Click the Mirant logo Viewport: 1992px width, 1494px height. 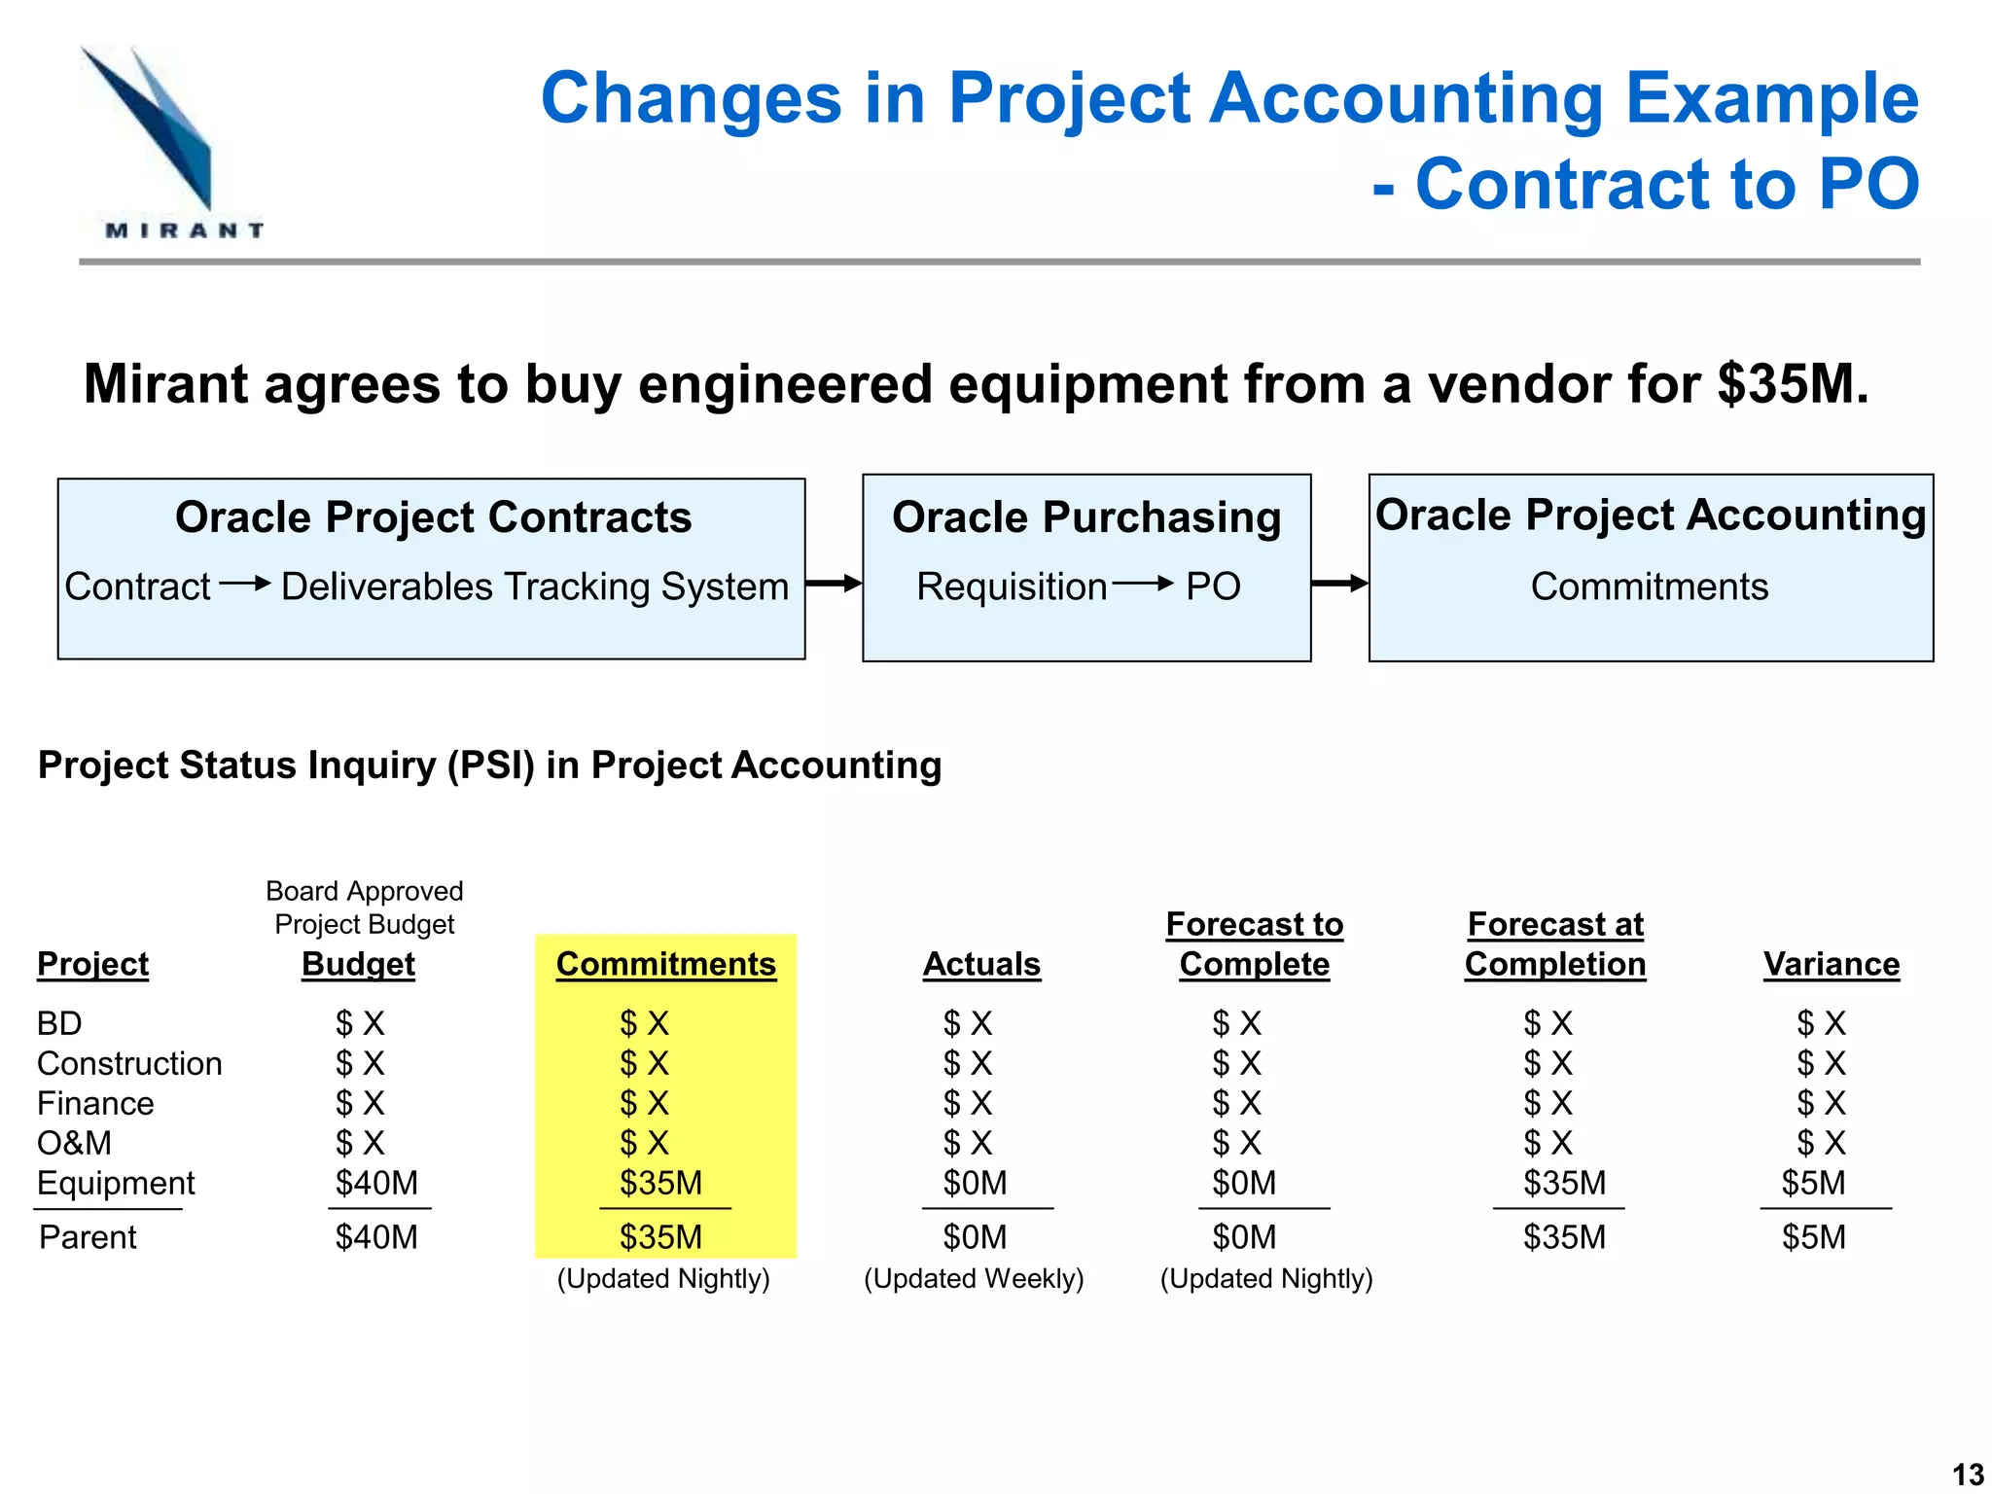[x=170, y=141]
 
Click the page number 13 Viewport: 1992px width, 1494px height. [x=1968, y=1474]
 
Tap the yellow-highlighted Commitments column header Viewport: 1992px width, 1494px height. [x=665, y=964]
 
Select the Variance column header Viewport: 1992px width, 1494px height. [x=1831, y=964]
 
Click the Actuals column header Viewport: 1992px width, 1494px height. [x=980, y=964]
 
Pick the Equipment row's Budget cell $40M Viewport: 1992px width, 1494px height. [x=376, y=1183]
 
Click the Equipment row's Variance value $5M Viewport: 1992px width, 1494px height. [x=1813, y=1183]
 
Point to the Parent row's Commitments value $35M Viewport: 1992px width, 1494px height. [x=660, y=1237]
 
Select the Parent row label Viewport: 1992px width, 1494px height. [x=88, y=1237]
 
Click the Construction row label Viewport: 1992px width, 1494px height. [x=129, y=1063]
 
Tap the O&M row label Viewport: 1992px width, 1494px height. [x=74, y=1143]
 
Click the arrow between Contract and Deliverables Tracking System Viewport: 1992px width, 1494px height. [x=244, y=584]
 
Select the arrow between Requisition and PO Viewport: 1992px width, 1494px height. [x=1143, y=584]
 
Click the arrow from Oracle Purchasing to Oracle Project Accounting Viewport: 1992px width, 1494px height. [x=1339, y=584]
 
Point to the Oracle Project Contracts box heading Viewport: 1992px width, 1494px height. [x=433, y=517]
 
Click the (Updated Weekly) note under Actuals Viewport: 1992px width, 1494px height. [x=974, y=1278]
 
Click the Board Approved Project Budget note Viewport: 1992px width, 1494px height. [x=364, y=907]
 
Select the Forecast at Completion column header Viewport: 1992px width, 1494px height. [x=1554, y=943]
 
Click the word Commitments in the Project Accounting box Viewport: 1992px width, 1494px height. [x=1649, y=587]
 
